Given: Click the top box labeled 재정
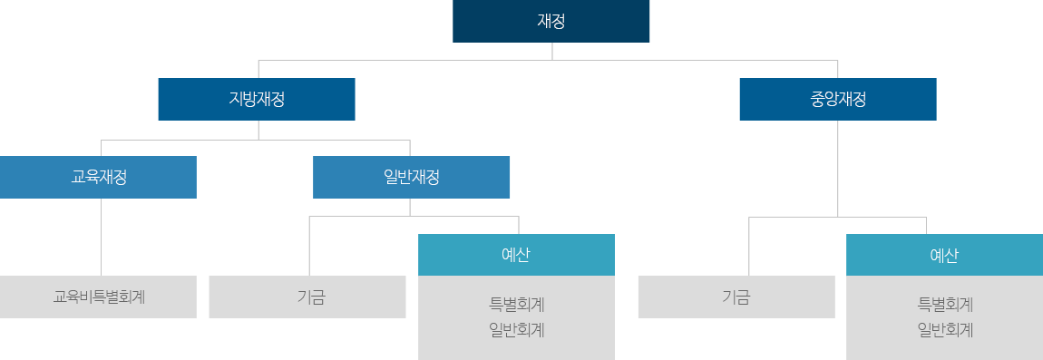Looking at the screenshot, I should [x=551, y=22].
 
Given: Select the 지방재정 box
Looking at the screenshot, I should [x=257, y=100].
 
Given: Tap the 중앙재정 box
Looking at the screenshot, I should [x=838, y=100].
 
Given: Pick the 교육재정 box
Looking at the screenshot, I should [x=98, y=177].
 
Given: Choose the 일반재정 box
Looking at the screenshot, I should [x=411, y=177].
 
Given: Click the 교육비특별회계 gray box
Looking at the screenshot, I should [x=98, y=297].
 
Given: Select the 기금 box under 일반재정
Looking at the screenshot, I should [x=307, y=297].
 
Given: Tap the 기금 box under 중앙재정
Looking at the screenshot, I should [x=736, y=297].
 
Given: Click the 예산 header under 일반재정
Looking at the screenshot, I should [x=516, y=255].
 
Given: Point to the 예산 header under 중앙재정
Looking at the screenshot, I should [x=944, y=255].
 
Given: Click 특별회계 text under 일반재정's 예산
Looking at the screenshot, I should [x=516, y=304].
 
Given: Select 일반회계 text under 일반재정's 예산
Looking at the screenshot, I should [x=516, y=329].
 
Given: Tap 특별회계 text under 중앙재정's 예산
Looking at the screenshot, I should [x=944, y=304].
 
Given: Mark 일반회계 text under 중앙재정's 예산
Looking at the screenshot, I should [x=944, y=329].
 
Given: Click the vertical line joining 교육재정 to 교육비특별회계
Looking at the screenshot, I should [x=101, y=236].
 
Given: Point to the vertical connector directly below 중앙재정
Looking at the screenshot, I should [x=837, y=168].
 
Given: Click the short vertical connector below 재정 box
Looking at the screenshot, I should [x=551, y=51].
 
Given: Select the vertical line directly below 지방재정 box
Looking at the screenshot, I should [x=259, y=131].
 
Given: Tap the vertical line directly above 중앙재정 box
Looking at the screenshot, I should [x=837, y=69].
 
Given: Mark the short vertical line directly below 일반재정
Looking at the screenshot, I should [x=410, y=207].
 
